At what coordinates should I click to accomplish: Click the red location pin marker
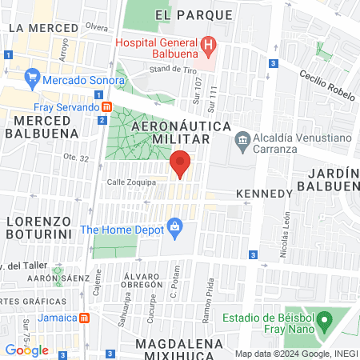pyautogui.click(x=180, y=163)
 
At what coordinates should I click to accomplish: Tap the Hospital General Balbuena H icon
pyautogui.click(x=208, y=44)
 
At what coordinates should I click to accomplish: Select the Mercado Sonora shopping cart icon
pyautogui.click(x=33, y=78)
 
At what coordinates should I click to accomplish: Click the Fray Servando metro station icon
pyautogui.click(x=106, y=107)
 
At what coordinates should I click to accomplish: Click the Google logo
pyautogui.click(x=26, y=350)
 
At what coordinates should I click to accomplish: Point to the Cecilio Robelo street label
pyautogui.click(x=327, y=85)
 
